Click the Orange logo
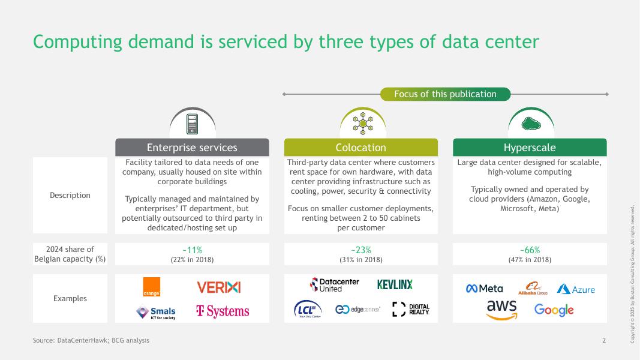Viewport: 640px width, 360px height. (152, 287)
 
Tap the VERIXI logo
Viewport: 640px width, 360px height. (218, 287)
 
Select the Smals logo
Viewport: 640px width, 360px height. (156, 312)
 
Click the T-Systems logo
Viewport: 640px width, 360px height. (223, 311)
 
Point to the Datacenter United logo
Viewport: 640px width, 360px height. (334, 284)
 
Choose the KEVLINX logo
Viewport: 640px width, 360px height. (395, 284)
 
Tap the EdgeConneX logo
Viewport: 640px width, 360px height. (357, 309)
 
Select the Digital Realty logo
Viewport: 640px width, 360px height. (411, 309)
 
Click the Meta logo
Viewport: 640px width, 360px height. (485, 289)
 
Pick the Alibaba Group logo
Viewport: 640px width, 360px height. (533, 289)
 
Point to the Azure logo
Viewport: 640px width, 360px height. (576, 289)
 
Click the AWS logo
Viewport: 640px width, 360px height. (501, 310)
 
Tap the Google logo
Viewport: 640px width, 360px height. (554, 310)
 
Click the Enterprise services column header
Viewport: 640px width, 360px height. (192, 148)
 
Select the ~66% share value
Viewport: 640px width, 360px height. (530, 250)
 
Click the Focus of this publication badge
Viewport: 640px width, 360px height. (445, 94)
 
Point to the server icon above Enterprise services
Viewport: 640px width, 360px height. (192, 124)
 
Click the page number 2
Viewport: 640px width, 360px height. (604, 340)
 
